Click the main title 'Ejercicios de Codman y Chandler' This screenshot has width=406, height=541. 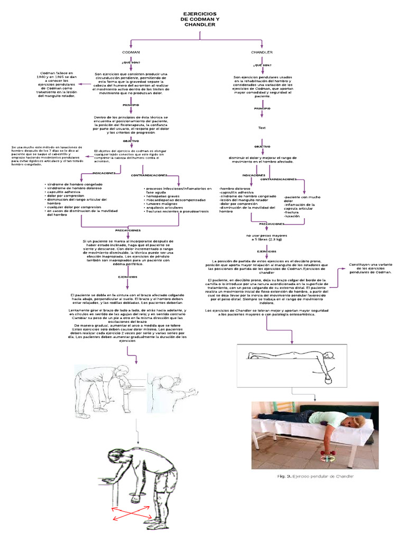pyautogui.click(x=200, y=19)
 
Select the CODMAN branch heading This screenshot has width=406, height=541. pyautogui.click(x=131, y=53)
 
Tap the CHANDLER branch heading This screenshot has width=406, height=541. pyautogui.click(x=262, y=53)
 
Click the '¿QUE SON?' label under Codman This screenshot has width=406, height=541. pyautogui.click(x=131, y=62)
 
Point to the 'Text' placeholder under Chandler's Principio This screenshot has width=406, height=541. pyautogui.click(x=262, y=128)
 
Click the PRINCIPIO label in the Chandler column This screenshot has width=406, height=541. pyautogui.click(x=262, y=108)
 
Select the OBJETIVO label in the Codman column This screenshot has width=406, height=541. pyautogui.click(x=131, y=142)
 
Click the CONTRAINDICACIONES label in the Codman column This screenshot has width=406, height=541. pyautogui.click(x=150, y=175)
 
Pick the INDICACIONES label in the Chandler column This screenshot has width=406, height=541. pyautogui.click(x=254, y=175)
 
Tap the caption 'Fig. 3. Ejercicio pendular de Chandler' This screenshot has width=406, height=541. pyautogui.click(x=316, y=477)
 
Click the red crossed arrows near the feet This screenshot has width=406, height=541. pyautogui.click(x=130, y=512)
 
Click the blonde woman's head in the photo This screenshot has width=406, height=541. pyautogui.click(x=358, y=420)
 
